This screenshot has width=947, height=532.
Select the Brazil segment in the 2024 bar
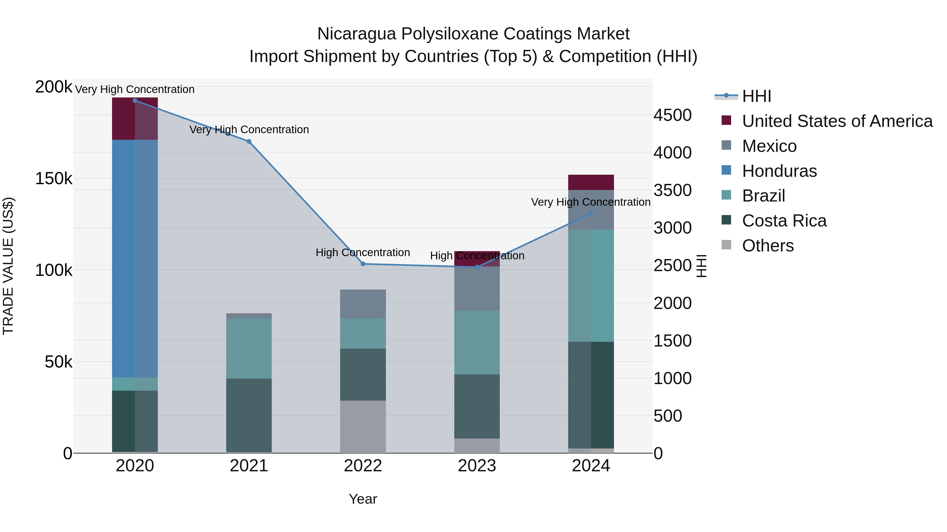591,286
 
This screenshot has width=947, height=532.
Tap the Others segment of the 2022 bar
362,427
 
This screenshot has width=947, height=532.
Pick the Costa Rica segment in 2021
249,415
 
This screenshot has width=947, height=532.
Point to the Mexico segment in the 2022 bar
362,304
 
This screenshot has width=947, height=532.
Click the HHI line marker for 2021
249,141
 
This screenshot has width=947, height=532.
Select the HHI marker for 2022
363,264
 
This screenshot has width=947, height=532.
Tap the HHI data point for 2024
591,213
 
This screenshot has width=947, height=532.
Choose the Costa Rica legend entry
784,221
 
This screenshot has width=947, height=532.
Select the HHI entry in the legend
756,96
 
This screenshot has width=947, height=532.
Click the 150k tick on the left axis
54,179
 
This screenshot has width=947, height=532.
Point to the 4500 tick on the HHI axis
672,115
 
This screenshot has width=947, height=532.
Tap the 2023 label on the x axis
477,466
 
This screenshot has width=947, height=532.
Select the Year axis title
362,499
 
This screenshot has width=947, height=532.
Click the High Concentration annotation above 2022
362,252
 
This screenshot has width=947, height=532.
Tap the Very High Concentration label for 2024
590,202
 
